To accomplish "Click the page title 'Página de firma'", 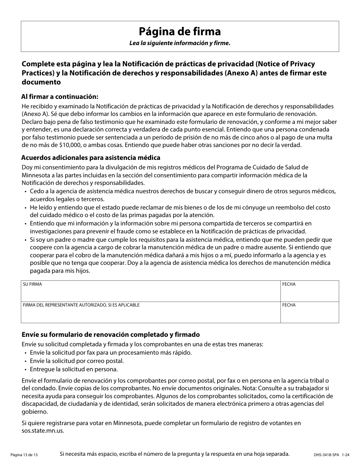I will (180, 31).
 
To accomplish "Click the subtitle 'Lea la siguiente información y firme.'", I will (180, 43).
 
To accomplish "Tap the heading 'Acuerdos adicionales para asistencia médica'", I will (91, 157).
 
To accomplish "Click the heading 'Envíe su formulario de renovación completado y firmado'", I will (110, 335).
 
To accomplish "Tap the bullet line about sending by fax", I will (111, 352).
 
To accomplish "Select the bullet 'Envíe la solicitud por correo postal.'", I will (77, 361).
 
